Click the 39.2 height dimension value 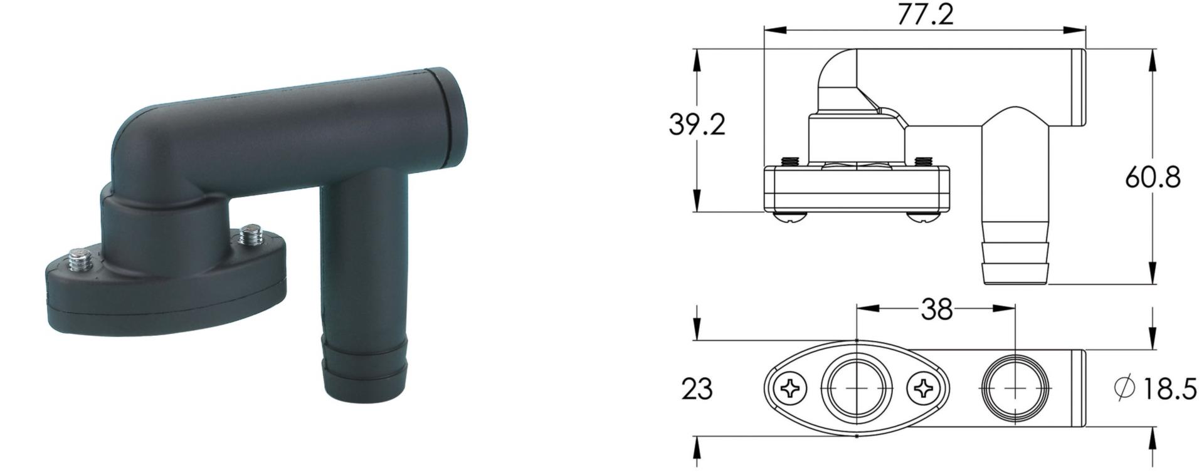[x=697, y=125]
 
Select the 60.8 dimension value [x=1153, y=177]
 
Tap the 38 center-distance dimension [x=937, y=309]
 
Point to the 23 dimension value [x=697, y=389]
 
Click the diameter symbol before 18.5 [x=1125, y=387]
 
